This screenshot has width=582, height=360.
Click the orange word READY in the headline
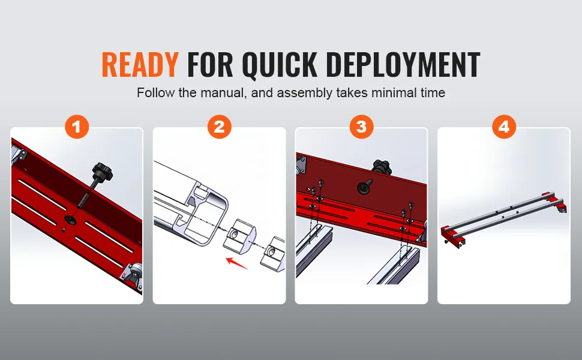coord(140,64)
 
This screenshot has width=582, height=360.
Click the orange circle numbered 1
coord(77,127)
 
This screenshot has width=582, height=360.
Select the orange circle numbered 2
coord(219,127)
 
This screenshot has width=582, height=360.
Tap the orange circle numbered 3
coord(361,127)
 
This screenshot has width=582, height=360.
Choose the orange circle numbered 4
coord(503,127)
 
